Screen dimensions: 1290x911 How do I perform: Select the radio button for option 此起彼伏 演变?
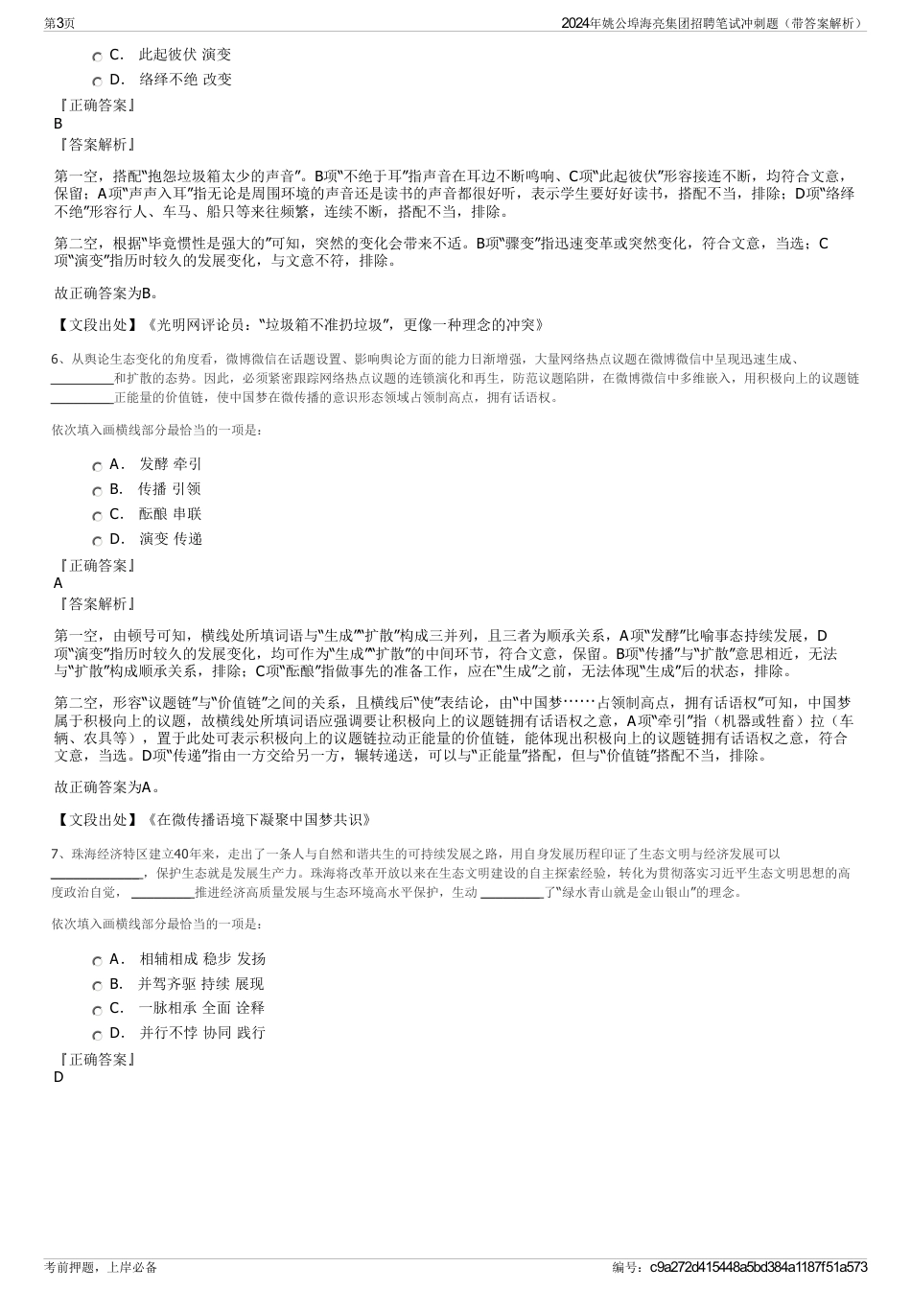(98, 57)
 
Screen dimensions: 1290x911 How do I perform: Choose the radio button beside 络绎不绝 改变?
(98, 81)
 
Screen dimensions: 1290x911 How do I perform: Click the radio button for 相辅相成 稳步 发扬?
(98, 960)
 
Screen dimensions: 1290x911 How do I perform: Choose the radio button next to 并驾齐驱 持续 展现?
(98, 985)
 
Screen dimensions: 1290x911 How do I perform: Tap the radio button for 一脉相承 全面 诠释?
(98, 1010)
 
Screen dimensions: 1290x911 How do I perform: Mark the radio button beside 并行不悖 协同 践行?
(98, 1035)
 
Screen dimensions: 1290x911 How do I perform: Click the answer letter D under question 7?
(58, 1077)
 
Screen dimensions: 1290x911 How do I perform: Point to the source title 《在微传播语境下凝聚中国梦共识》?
(257, 819)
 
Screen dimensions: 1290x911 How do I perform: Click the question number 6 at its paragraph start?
(56, 359)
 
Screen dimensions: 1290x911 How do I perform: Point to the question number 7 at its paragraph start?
(56, 853)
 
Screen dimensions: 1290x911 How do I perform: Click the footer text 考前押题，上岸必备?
(100, 1267)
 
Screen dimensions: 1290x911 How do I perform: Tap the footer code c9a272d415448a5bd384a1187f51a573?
(758, 1267)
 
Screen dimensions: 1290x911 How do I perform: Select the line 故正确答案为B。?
(107, 293)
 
